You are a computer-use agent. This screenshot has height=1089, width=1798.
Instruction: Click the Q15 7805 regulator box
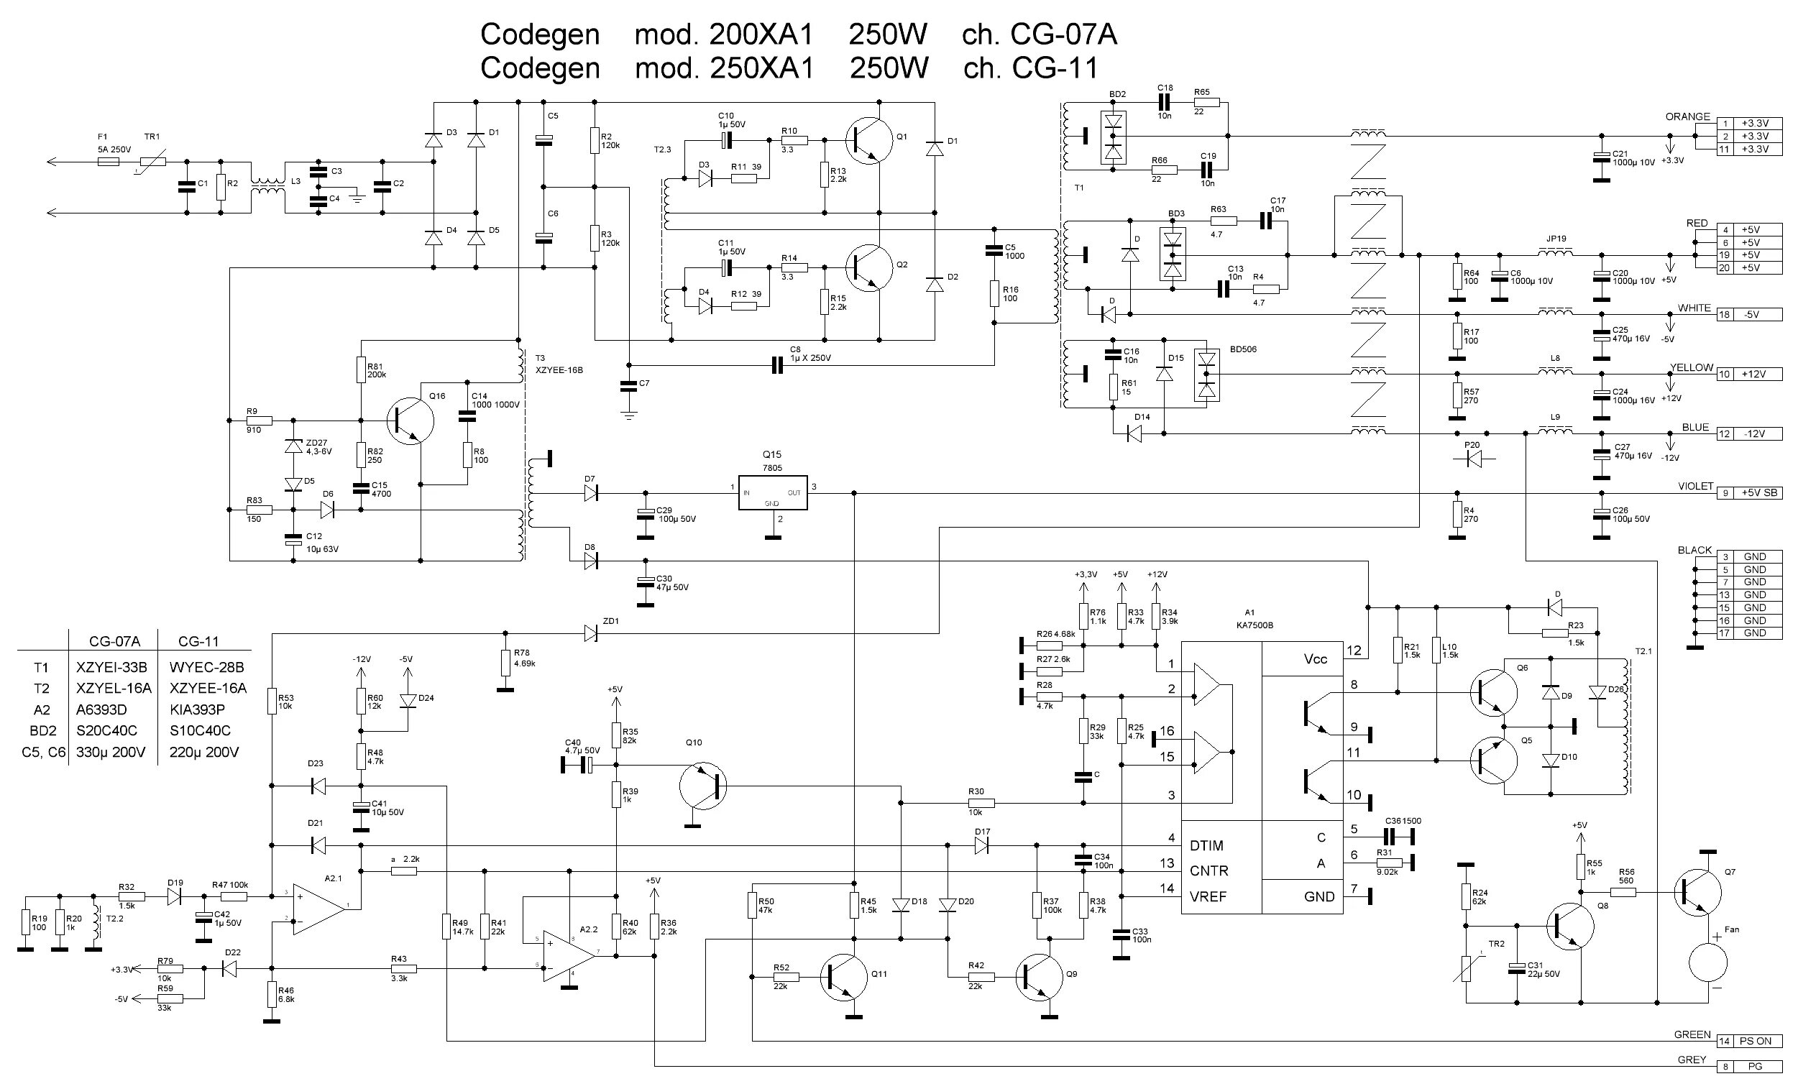[x=772, y=493]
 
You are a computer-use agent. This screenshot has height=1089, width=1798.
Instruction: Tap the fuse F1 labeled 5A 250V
[x=108, y=162]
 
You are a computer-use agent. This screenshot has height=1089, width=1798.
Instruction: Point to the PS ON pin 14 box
[x=1749, y=1041]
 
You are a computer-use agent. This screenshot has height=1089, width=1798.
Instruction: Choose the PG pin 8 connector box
[x=1749, y=1067]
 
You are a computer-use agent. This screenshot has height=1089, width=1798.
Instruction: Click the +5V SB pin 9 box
[x=1749, y=492]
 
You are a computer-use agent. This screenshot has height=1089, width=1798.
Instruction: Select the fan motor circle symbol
[x=1708, y=963]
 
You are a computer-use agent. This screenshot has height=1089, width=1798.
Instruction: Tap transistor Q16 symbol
[x=409, y=421]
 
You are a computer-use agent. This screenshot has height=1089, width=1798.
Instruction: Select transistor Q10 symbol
[x=702, y=786]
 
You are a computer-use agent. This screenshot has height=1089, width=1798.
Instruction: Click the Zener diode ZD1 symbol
[x=591, y=634]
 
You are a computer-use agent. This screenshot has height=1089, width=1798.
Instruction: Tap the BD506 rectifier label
[x=1243, y=349]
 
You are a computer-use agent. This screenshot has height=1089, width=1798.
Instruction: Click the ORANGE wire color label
[x=1687, y=116]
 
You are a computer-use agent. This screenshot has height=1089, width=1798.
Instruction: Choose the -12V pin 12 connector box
[x=1749, y=433]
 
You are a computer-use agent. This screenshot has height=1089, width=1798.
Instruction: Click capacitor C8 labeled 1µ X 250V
[x=777, y=364]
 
